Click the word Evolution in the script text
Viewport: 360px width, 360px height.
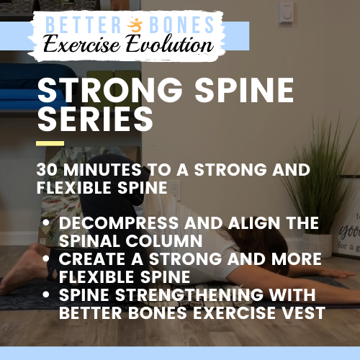click(x=170, y=45)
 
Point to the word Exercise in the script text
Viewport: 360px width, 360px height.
click(x=90, y=45)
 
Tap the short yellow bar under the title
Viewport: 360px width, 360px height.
click(x=50, y=143)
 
